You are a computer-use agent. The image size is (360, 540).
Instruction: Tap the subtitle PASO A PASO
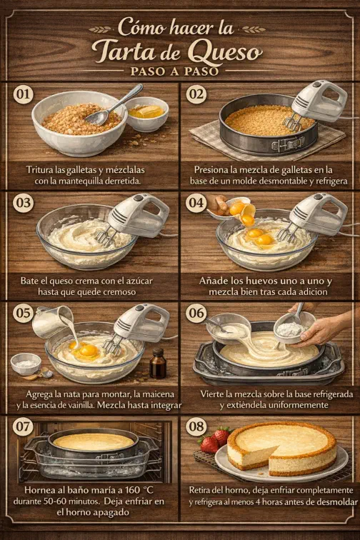pyautogui.click(x=180, y=71)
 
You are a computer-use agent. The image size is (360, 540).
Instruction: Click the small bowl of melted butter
pyautogui.click(x=147, y=113)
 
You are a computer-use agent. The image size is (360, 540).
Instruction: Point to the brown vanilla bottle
pyautogui.click(x=158, y=364)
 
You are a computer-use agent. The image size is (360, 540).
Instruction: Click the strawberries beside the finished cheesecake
pyautogui.click(x=215, y=439)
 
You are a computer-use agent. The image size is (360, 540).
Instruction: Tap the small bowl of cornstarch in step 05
pyautogui.click(x=26, y=363)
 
